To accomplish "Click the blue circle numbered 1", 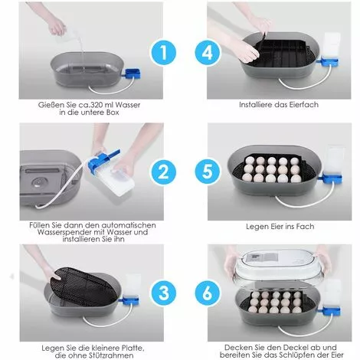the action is click(163, 53).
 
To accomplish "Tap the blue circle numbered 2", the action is click(163, 172).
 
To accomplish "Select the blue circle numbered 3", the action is click(163, 293).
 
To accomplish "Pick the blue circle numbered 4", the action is click(208, 53).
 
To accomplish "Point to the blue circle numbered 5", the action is click(208, 172).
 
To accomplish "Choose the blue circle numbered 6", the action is click(208, 293).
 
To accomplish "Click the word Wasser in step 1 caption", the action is click(127, 105).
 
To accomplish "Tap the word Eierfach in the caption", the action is click(304, 105).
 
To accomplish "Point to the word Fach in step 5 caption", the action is click(306, 227).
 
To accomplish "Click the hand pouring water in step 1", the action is click(57, 25).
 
